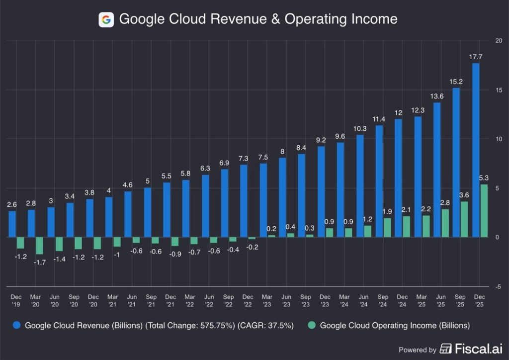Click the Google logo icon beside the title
(x=106, y=19)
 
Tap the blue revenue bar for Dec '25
(x=476, y=150)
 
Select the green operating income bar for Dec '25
(x=484, y=211)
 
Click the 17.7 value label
(x=476, y=57)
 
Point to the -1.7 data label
(x=40, y=262)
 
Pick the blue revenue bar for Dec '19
(x=12, y=224)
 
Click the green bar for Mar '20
(x=39, y=246)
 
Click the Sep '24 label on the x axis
(x=383, y=300)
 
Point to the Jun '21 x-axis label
(x=132, y=300)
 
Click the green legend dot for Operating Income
(x=312, y=326)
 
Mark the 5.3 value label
(x=484, y=178)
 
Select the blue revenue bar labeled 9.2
(x=321, y=191)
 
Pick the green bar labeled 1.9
(x=387, y=227)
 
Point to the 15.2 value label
(x=456, y=81)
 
